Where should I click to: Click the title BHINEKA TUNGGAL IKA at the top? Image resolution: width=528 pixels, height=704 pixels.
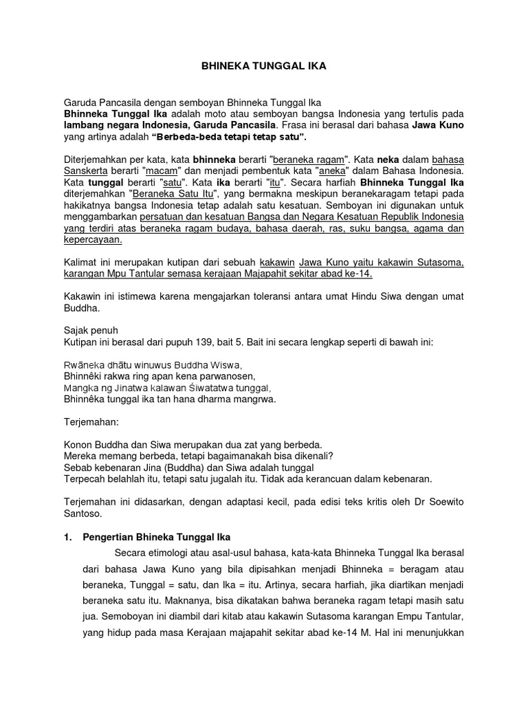pos(263,67)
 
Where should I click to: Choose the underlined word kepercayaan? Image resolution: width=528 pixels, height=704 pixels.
pos(92,240)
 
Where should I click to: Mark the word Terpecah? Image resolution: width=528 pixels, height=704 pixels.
pos(86,478)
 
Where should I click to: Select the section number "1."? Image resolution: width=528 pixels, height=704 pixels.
pos(68,536)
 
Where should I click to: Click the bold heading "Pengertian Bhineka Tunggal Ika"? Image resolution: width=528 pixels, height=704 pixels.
pos(156,536)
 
